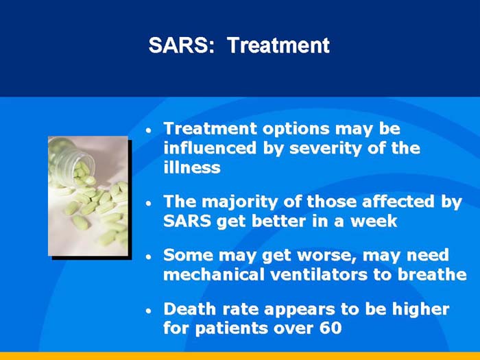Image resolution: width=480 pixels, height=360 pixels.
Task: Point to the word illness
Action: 191,167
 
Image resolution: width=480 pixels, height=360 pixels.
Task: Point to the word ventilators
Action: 325,275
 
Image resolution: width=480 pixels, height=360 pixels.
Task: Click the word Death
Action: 188,309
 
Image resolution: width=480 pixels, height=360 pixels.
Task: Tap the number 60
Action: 329,328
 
